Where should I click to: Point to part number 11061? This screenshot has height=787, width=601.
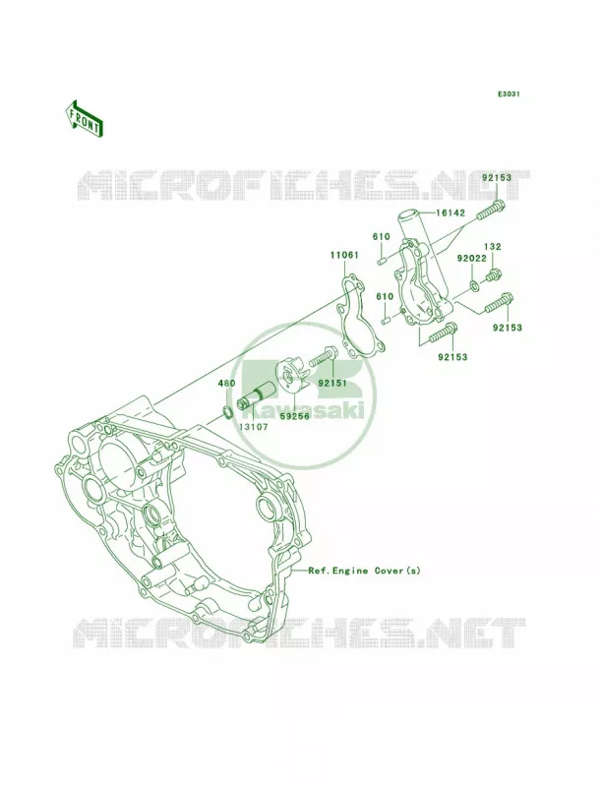pos(343,255)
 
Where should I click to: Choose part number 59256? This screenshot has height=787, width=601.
pos(295,416)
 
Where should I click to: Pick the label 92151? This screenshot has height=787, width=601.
pos(332,383)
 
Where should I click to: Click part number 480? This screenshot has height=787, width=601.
pos(226,384)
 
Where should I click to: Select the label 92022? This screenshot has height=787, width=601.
pos(471,259)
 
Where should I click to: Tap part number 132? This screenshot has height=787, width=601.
pos(492,247)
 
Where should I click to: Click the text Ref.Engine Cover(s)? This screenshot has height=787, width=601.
pos(364,571)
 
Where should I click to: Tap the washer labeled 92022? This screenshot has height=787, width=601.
pos(473,286)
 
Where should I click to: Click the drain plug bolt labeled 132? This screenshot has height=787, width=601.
pos(492,275)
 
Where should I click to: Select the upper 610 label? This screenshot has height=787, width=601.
pos(382,236)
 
